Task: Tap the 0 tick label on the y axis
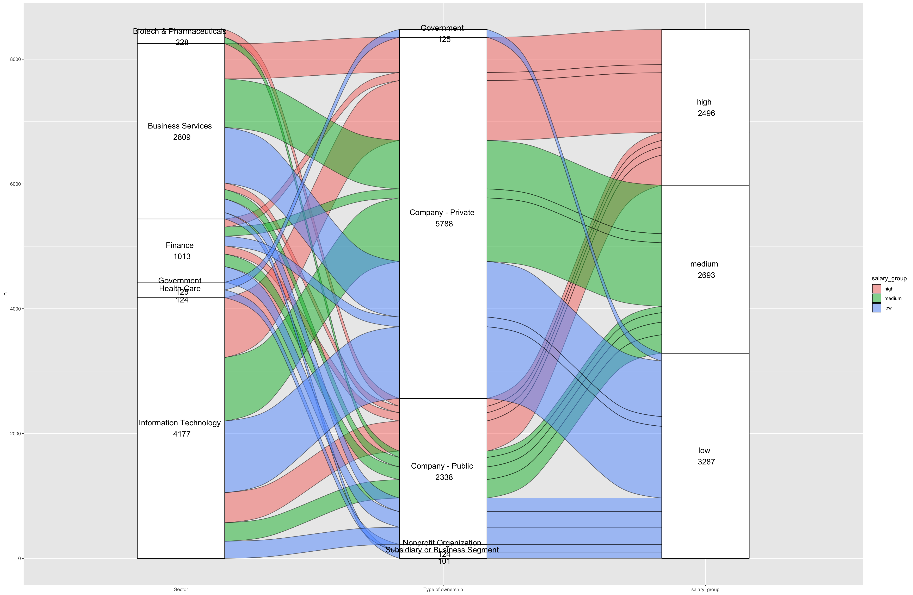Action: (x=19, y=559)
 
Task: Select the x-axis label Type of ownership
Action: (x=443, y=590)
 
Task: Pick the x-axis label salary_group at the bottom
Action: (x=705, y=590)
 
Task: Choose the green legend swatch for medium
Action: (x=877, y=298)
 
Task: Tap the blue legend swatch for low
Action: (x=877, y=308)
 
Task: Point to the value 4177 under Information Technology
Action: (x=182, y=434)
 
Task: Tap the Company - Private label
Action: (x=442, y=213)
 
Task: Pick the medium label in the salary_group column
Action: (x=704, y=264)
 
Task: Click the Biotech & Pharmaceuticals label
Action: (x=179, y=31)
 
